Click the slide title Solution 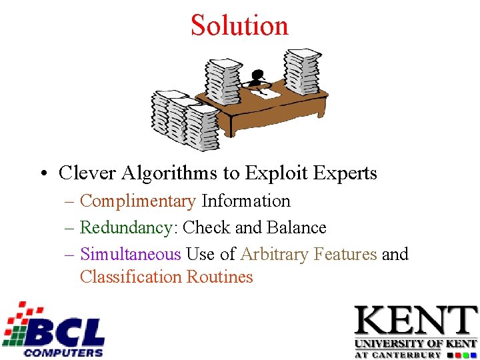(x=239, y=25)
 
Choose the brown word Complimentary (x=138, y=201)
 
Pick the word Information (x=246, y=201)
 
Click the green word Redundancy (x=126, y=227)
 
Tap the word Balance (x=297, y=227)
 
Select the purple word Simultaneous (x=131, y=254)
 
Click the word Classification (x=131, y=277)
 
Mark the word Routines (x=220, y=277)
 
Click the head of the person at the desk (x=258, y=75)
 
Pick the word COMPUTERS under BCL (x=63, y=352)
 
